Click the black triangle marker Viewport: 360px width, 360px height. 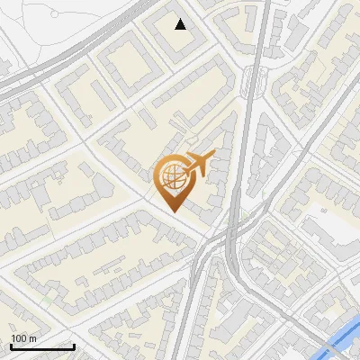tap(181, 24)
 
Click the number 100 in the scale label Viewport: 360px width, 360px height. tap(19, 338)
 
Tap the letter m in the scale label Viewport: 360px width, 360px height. tap(32, 338)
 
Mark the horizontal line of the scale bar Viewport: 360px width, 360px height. tap(42, 346)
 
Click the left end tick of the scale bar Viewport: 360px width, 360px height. tap(11, 345)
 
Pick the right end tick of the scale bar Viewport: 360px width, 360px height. tap(74, 345)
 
